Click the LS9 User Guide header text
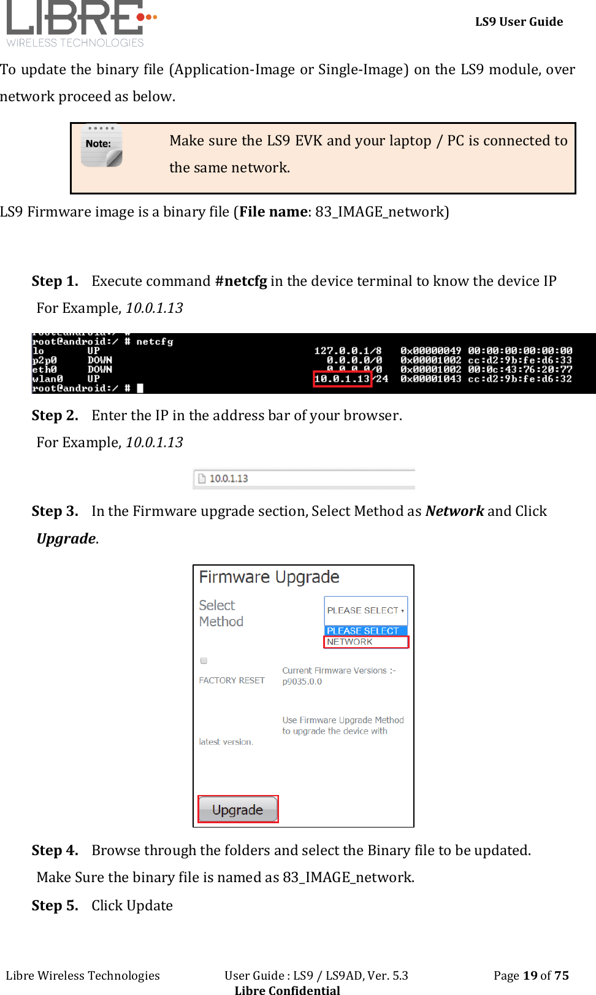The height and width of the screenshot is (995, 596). (519, 21)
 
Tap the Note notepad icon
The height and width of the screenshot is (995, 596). (101, 146)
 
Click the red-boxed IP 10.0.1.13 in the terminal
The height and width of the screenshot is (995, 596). (342, 379)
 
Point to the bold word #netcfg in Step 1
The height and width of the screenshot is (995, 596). (241, 281)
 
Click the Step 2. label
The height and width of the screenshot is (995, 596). (55, 415)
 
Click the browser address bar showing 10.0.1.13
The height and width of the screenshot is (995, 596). (304, 478)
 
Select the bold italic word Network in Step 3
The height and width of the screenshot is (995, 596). (454, 511)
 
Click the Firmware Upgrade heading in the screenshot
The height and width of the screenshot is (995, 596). (269, 577)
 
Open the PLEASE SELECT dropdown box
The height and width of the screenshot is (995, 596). (365, 610)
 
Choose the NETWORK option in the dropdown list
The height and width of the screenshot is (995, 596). (365, 642)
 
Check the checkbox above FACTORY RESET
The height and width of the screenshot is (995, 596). (204, 661)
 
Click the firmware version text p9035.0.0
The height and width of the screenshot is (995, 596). (302, 682)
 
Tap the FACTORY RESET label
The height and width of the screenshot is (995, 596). (232, 680)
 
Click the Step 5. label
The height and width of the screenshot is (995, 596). (55, 905)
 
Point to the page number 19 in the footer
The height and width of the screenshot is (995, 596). (530, 975)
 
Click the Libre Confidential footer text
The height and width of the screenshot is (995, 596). (287, 989)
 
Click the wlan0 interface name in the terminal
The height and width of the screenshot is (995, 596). (47, 379)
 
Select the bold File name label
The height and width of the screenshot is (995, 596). (273, 212)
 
